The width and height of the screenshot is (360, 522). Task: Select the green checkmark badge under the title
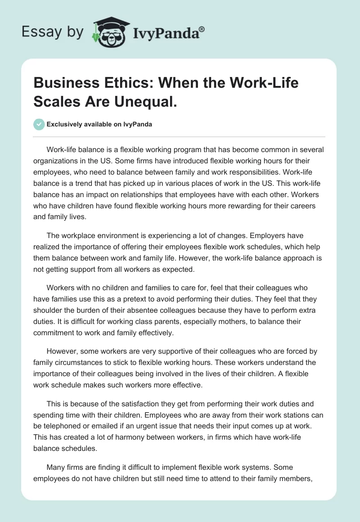tap(39, 124)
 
